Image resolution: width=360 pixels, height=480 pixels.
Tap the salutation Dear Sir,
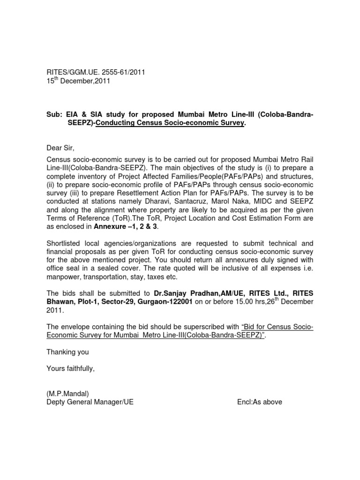(x=60, y=149)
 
